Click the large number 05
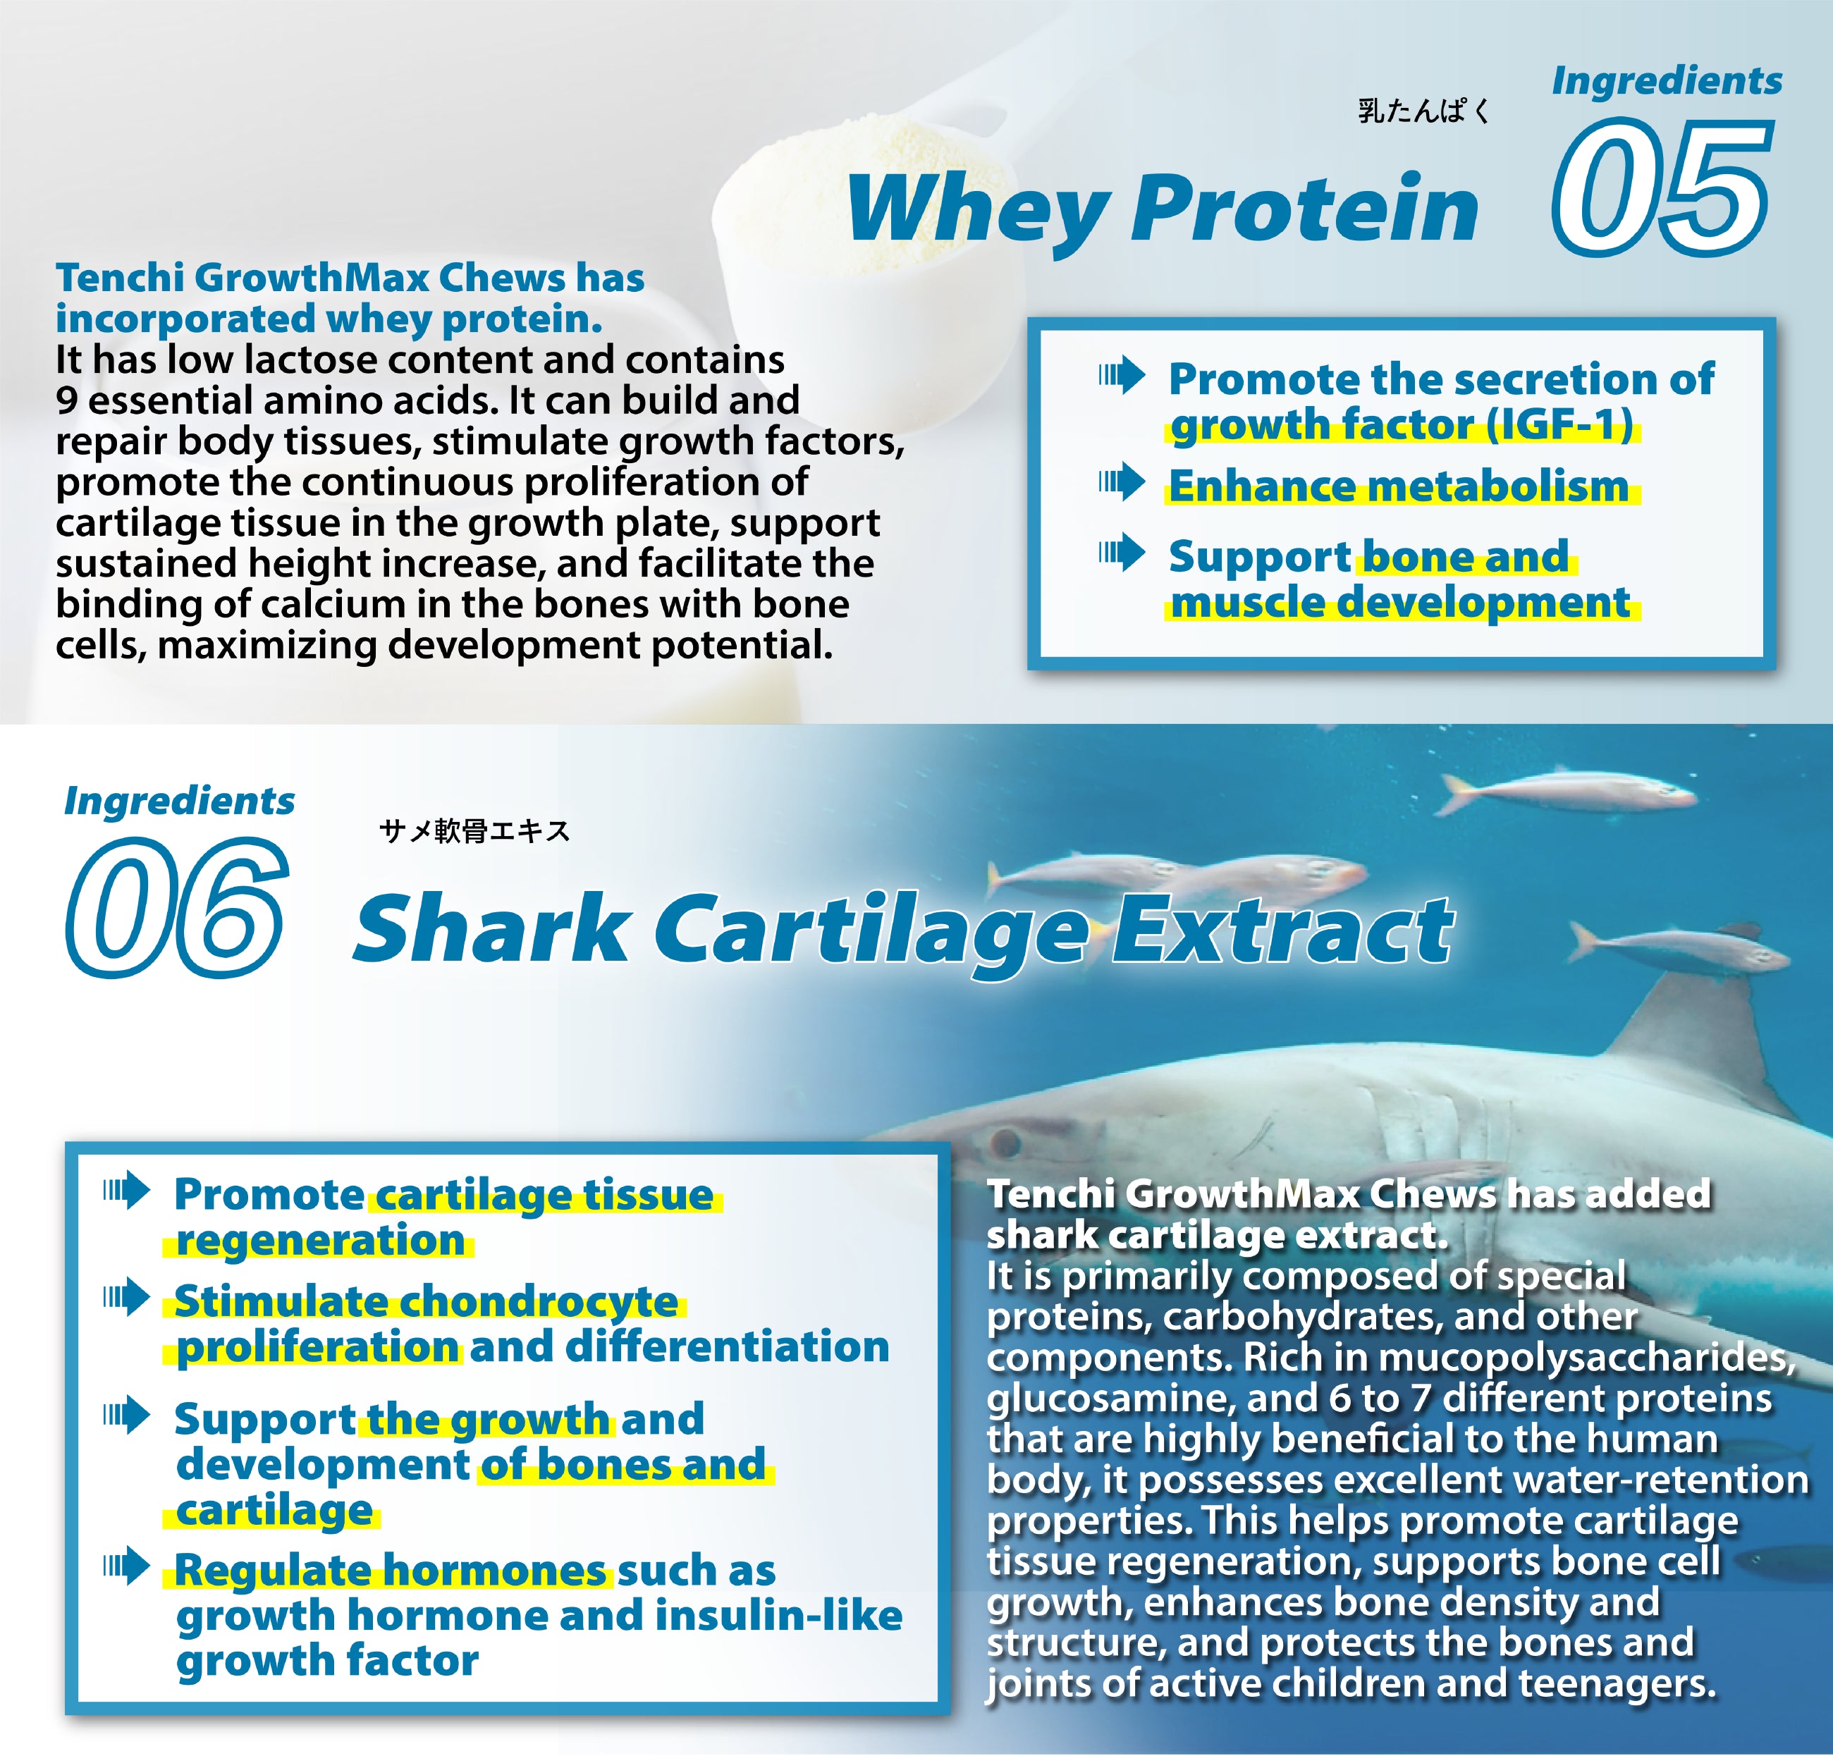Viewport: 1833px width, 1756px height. coord(1662,187)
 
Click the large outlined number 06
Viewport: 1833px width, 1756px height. coord(176,908)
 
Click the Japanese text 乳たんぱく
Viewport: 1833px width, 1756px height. coord(1423,111)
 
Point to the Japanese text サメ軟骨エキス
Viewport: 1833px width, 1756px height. coord(474,830)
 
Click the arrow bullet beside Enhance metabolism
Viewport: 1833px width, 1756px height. coord(1122,481)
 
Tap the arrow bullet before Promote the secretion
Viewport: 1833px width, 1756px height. coord(1122,375)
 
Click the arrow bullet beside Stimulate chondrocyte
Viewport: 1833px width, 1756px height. coord(126,1297)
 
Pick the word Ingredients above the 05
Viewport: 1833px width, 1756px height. coord(1667,80)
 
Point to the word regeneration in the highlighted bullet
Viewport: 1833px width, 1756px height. coord(320,1241)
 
